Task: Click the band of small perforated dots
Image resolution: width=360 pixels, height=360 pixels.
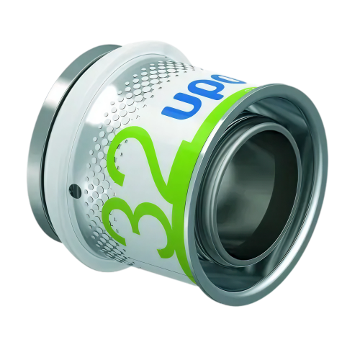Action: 101,130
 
